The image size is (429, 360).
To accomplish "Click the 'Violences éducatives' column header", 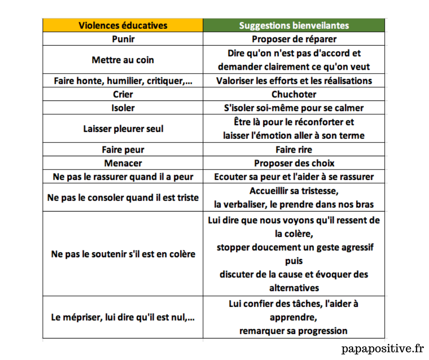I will (123, 25).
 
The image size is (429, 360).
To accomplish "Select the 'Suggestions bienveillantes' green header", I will (294, 25).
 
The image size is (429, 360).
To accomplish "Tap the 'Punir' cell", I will (123, 39).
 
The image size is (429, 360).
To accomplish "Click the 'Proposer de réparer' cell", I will (294, 39).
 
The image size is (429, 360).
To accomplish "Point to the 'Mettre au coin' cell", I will (123, 60).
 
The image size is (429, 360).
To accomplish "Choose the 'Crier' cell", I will (123, 95).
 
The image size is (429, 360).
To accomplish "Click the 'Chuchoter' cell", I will (294, 95).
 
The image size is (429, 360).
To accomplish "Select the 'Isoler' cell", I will (123, 108).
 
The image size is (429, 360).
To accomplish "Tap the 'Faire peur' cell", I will (123, 149).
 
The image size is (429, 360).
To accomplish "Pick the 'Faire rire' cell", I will (294, 149).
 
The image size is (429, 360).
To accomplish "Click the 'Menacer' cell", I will (123, 163).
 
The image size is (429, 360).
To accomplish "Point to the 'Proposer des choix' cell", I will (294, 163).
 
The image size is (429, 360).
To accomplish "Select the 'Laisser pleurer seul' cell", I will (123, 129).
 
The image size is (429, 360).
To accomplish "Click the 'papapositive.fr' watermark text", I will (382, 349).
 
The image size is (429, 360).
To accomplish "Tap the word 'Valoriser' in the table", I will (236, 81).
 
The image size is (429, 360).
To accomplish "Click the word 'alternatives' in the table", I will (294, 288).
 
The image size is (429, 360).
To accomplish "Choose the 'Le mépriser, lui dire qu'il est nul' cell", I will (123, 318).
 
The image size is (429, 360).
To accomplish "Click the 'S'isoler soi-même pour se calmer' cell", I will (294, 108).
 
